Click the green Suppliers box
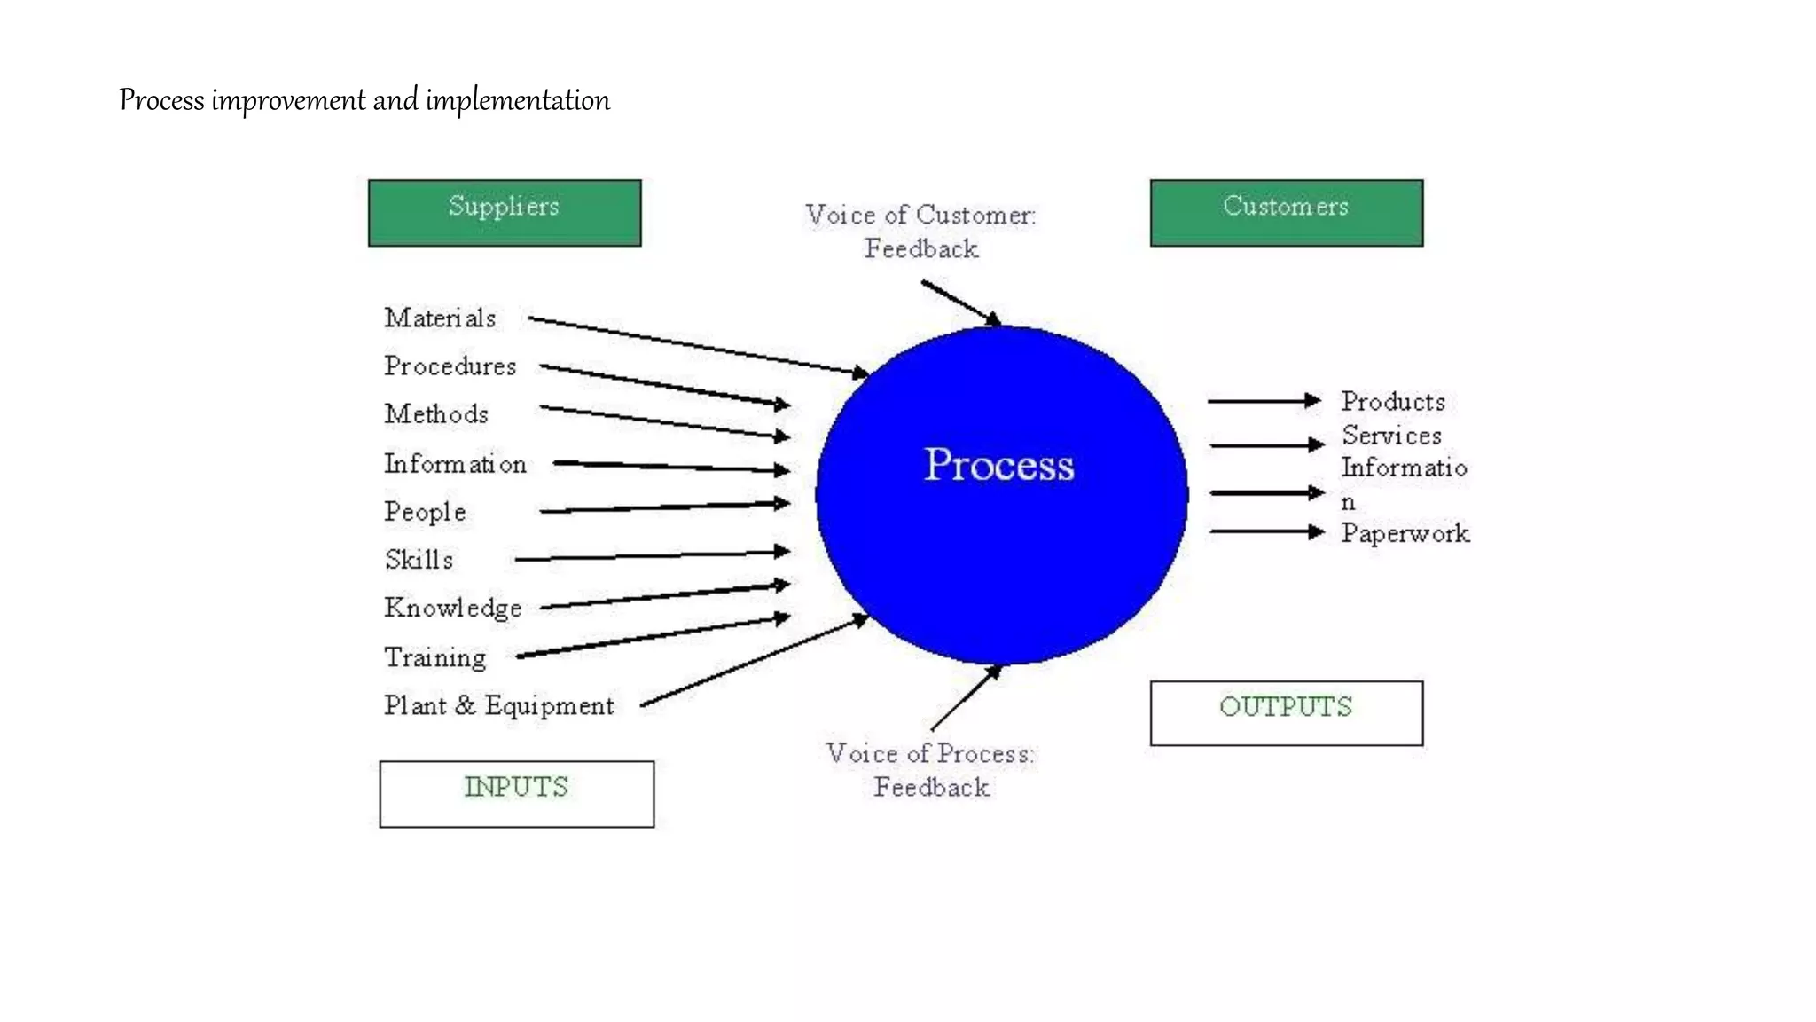(x=505, y=213)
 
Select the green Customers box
(x=1287, y=213)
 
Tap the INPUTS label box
(x=517, y=794)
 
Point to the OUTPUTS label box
(x=1287, y=713)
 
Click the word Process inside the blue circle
(x=999, y=465)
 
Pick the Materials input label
(x=440, y=318)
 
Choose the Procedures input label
(x=450, y=366)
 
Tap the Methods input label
(x=436, y=413)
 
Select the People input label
(x=425, y=512)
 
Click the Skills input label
(x=419, y=560)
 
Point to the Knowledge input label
(x=453, y=609)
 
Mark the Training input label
(x=435, y=657)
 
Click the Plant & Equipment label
(x=499, y=705)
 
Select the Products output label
(x=1393, y=402)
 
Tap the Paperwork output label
(x=1405, y=533)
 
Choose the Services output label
(x=1391, y=436)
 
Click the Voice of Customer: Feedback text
(x=921, y=232)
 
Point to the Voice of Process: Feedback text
(x=930, y=770)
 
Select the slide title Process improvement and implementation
(x=364, y=100)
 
